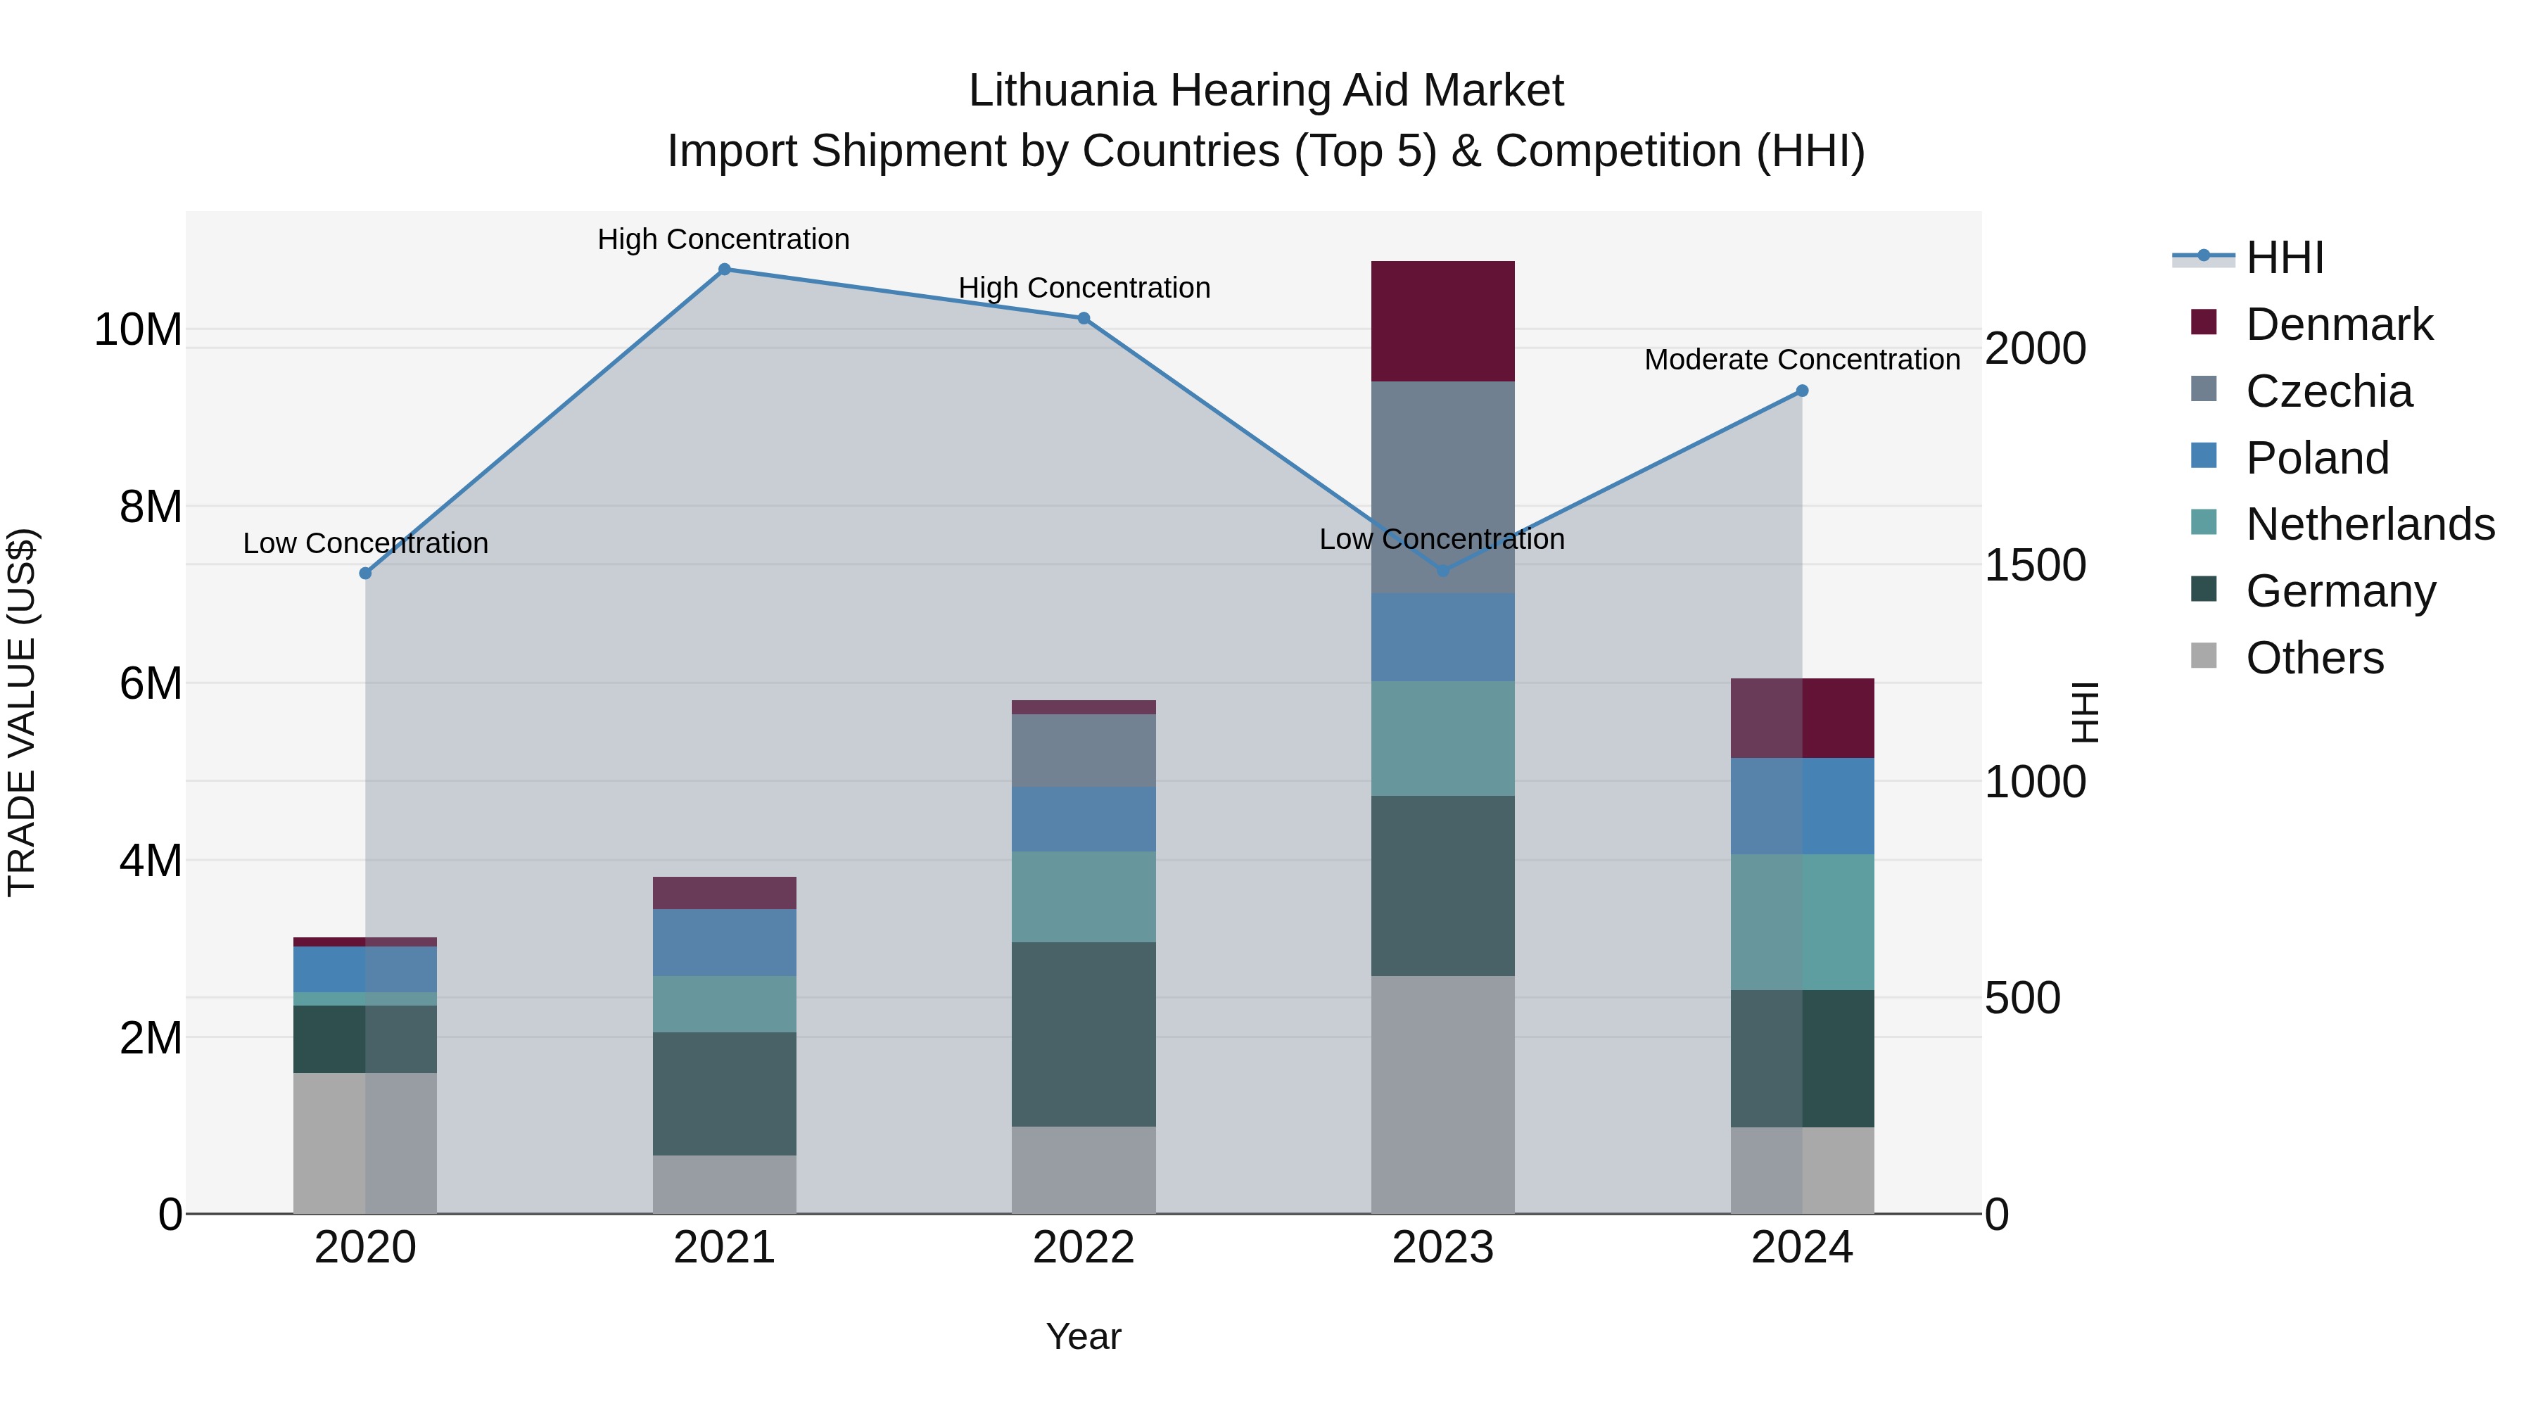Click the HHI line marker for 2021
pos(725,270)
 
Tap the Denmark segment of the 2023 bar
pos(1442,322)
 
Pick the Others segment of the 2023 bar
pos(1442,1094)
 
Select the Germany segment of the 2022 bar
pos(1084,1034)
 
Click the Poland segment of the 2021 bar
pos(725,942)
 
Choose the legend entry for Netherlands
pos(2370,524)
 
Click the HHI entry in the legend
pos(2284,258)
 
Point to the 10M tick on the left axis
pos(138,329)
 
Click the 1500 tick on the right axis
pos(2034,566)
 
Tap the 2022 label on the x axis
pos(1084,1247)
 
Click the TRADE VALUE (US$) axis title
pos(22,712)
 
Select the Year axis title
pos(1084,1336)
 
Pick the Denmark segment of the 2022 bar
pos(1084,707)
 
